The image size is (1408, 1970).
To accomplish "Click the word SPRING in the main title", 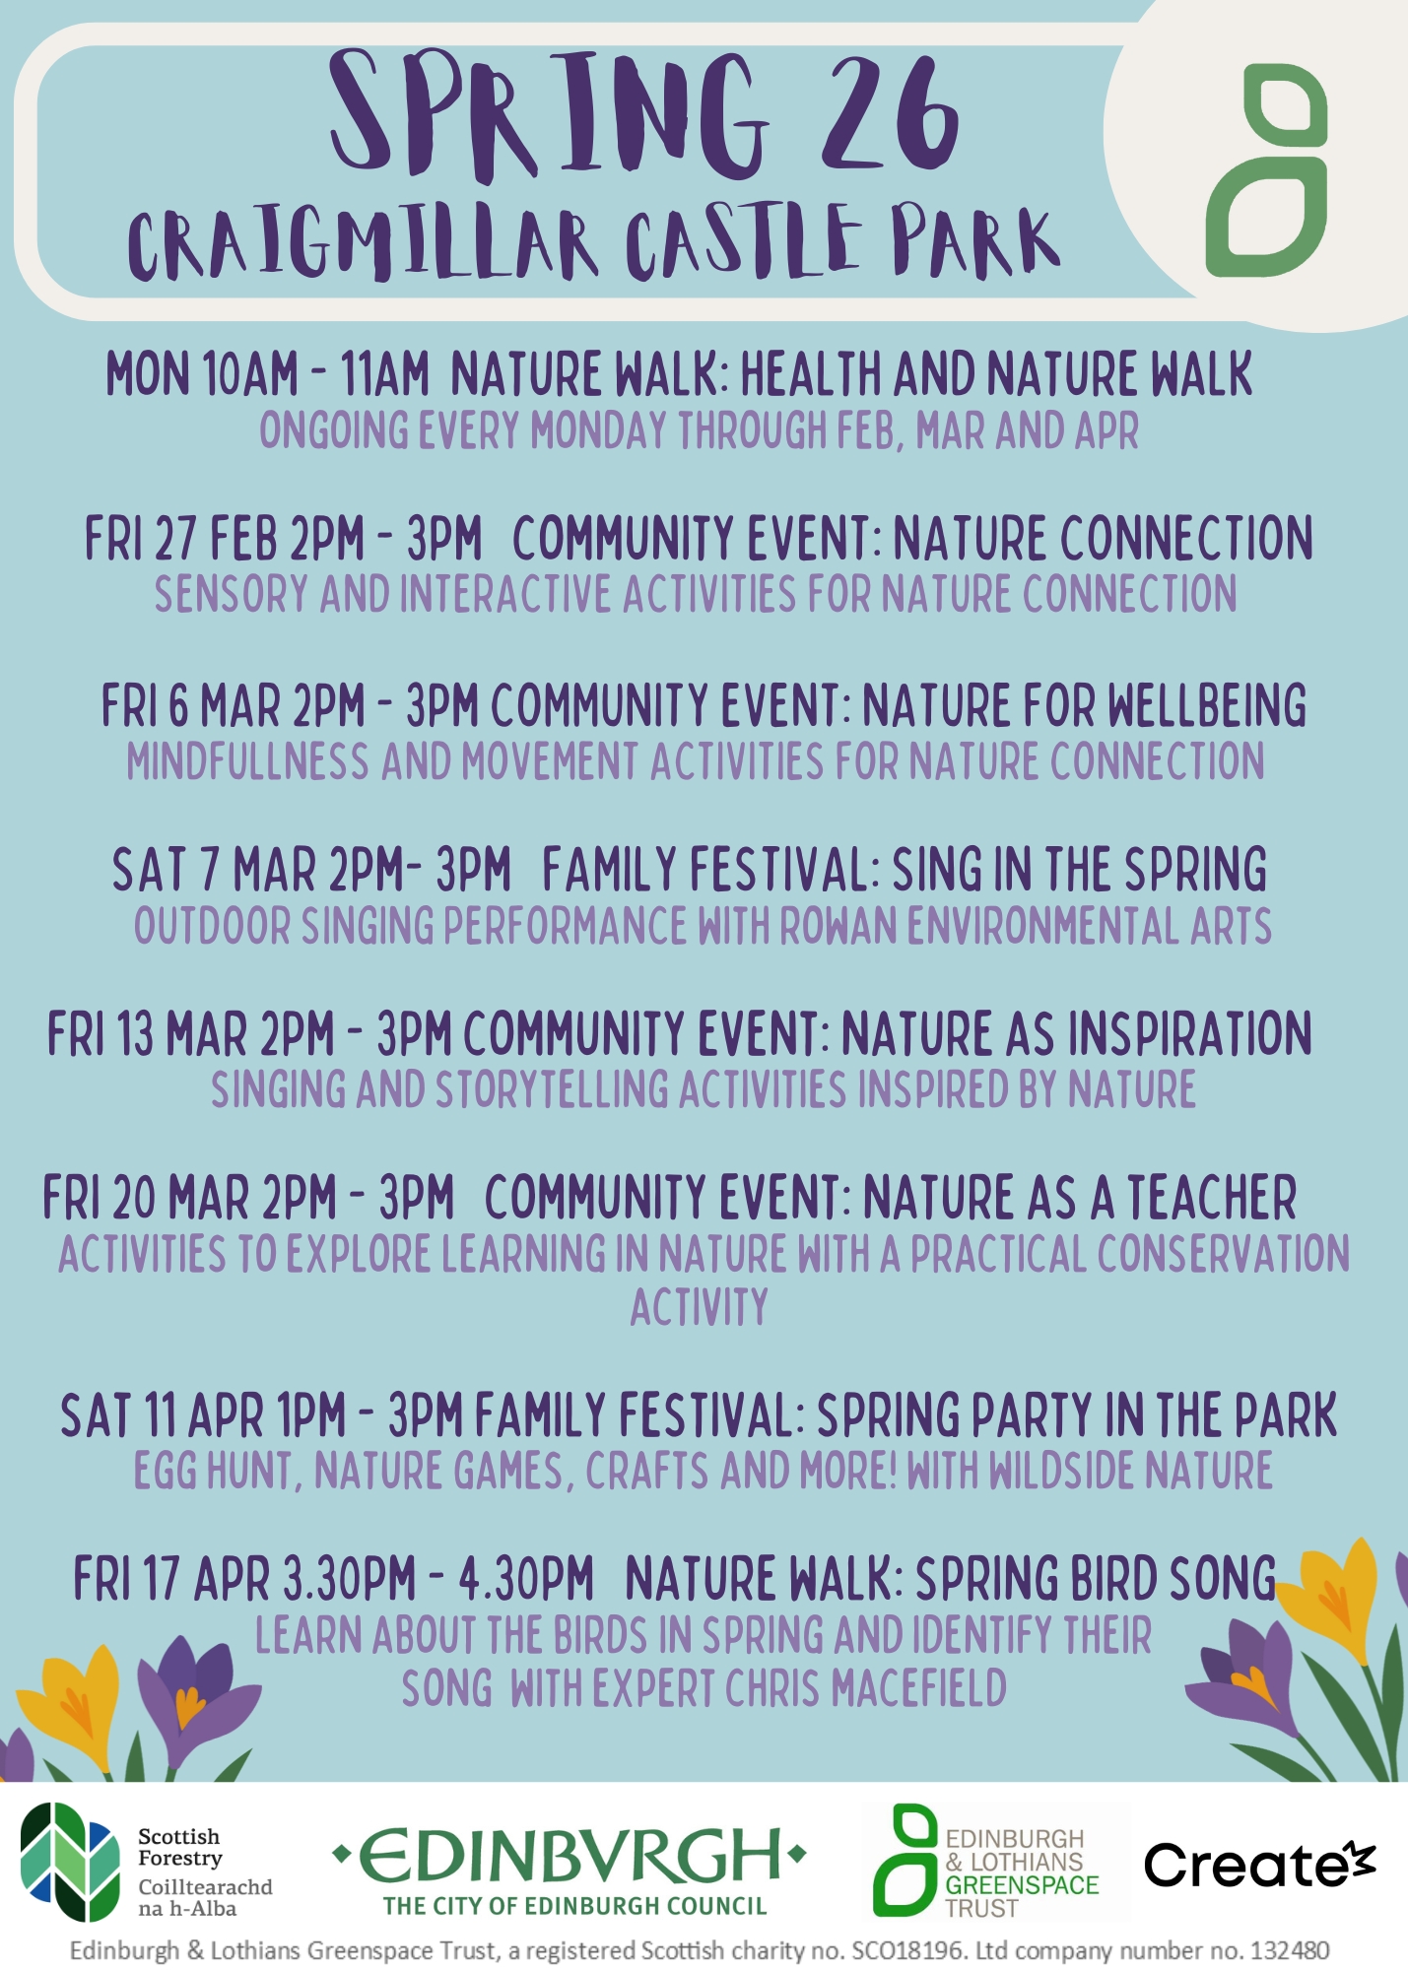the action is coord(548,116).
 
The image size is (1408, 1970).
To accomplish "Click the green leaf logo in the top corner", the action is coord(1267,169).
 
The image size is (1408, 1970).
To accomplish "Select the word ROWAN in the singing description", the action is coord(838,926).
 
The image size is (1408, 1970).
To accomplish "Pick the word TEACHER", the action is coord(1212,1198).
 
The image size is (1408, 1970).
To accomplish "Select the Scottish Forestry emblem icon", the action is coord(70,1862).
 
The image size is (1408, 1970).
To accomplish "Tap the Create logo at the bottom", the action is coord(1259,1863).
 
